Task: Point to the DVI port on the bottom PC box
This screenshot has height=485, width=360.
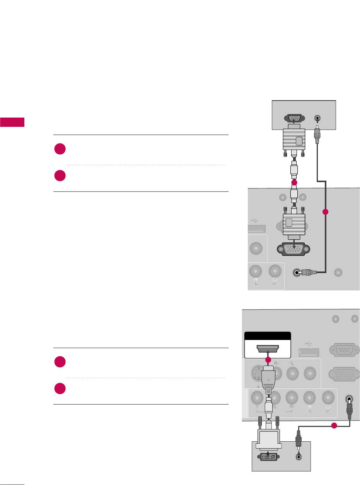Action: (267, 456)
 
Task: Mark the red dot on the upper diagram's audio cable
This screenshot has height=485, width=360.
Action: (325, 212)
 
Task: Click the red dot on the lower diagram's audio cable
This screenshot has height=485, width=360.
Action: (334, 426)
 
